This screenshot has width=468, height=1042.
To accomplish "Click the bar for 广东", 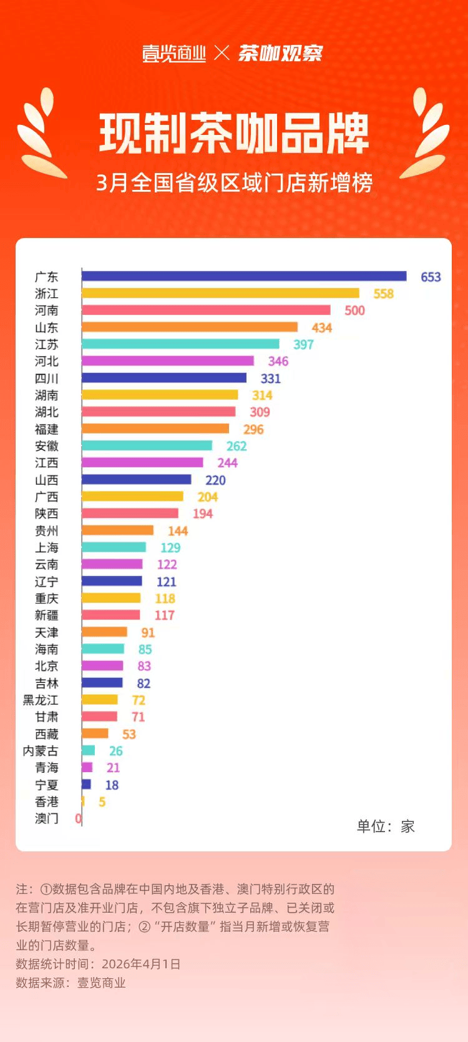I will click(x=243, y=276).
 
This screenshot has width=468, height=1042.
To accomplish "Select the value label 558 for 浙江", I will click(x=383, y=294).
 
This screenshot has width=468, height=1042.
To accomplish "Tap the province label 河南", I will click(x=47, y=310).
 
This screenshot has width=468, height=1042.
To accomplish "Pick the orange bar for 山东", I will click(x=190, y=327).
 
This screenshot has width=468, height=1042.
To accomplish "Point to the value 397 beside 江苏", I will click(x=303, y=344).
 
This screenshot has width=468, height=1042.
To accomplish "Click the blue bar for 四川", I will click(x=164, y=378).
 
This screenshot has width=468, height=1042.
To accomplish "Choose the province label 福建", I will click(x=47, y=429).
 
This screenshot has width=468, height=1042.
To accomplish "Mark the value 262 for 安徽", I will click(x=236, y=446).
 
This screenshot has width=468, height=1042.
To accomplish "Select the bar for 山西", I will click(x=136, y=480).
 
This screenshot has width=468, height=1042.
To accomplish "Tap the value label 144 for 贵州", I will click(x=178, y=531).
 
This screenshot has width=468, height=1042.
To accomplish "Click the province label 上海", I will click(x=47, y=548).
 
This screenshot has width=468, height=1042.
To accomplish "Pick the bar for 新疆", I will click(x=110, y=615).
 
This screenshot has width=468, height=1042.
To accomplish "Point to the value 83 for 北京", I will click(x=144, y=666).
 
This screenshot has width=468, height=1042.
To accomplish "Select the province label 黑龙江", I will click(x=41, y=700).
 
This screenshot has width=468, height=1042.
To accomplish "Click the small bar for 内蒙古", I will click(x=88, y=750).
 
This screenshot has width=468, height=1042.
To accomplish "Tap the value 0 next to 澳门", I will click(x=78, y=818).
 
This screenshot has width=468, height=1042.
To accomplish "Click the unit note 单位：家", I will click(x=386, y=826).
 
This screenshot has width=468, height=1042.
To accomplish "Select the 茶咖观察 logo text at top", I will click(x=280, y=54).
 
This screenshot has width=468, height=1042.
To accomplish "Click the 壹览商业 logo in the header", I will click(x=174, y=54).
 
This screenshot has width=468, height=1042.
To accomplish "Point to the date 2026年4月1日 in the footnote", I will click(x=141, y=964).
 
